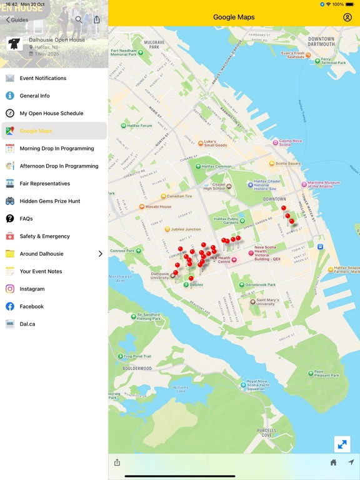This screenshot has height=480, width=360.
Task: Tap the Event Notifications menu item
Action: click(x=42, y=78)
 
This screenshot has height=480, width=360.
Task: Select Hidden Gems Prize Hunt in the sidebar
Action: click(x=49, y=201)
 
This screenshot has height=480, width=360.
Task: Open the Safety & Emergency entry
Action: click(x=44, y=236)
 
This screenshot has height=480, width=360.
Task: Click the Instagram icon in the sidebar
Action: click(x=10, y=289)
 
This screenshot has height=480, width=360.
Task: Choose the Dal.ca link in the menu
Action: click(x=27, y=324)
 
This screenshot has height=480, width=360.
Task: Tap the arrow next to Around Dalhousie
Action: click(x=100, y=254)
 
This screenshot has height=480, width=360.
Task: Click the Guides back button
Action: click(x=17, y=20)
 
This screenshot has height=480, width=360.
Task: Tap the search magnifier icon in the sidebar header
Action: click(x=79, y=20)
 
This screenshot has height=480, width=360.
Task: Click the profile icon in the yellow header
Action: click(x=347, y=17)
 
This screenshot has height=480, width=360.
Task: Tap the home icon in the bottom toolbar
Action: click(x=333, y=462)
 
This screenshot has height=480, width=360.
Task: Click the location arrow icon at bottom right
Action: click(x=351, y=462)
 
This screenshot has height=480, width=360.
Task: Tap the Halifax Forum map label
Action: click(x=139, y=126)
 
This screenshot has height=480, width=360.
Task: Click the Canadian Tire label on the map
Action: click(x=179, y=196)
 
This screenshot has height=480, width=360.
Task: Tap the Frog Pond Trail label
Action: click(x=137, y=356)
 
